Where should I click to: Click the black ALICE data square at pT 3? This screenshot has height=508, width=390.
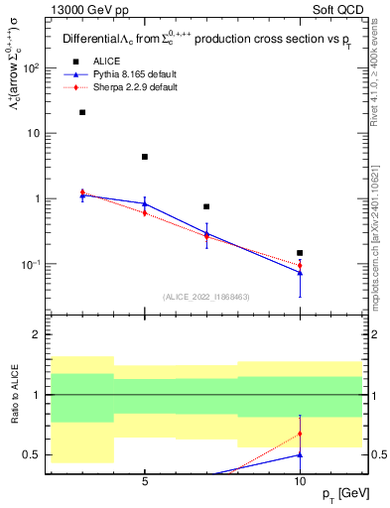82,112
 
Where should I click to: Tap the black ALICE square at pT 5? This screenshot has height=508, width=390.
145,157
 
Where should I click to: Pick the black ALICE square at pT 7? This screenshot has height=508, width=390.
206,206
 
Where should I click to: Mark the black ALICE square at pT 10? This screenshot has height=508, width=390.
300,253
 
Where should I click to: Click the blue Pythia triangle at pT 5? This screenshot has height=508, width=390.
145,203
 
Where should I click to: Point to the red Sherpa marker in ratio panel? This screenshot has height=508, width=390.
300,434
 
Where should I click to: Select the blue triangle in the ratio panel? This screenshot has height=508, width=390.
300,454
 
